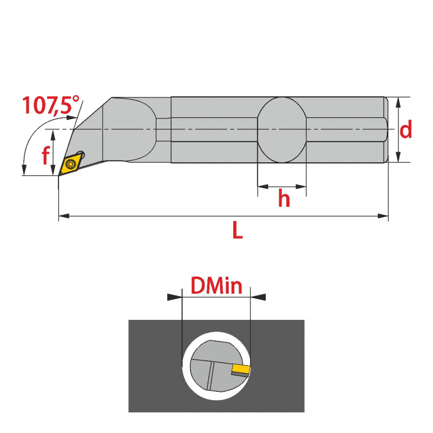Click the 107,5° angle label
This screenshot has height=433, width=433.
point(50,105)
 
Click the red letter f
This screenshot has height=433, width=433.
point(46,155)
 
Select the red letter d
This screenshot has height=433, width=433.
point(405,129)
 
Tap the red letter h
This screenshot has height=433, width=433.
point(284,198)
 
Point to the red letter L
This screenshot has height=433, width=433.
point(238,229)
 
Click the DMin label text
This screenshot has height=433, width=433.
point(216,286)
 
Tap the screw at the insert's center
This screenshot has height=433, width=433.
point(71,164)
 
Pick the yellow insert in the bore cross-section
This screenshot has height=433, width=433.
point(241,369)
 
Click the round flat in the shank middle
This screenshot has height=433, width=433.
point(281,130)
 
